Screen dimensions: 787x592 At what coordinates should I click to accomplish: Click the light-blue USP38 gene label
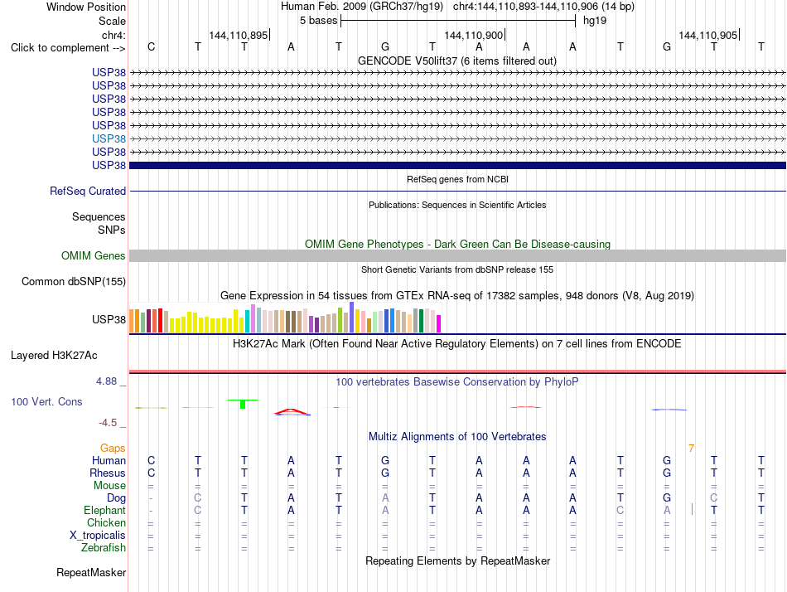coord(109,138)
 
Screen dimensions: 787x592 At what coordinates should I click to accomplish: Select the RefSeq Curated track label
coord(88,191)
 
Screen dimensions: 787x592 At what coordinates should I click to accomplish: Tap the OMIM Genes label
coord(94,256)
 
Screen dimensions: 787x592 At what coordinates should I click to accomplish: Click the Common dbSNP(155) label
coord(74,281)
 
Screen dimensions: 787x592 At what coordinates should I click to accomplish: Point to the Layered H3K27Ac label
coord(54,356)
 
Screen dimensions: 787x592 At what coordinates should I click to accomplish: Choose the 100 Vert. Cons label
coord(46,401)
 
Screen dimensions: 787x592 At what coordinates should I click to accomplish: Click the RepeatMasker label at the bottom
coord(91,572)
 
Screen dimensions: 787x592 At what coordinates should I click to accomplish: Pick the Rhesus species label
coord(108,473)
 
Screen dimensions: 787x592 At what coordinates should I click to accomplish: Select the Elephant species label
coord(104,510)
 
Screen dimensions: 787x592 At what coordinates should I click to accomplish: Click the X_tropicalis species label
coord(98,536)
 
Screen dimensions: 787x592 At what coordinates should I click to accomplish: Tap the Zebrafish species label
coord(104,547)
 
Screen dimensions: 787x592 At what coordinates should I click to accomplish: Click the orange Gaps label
coord(113,448)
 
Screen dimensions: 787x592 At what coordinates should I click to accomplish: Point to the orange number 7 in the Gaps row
coord(691,449)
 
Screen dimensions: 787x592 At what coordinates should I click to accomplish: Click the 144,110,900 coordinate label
coord(473,35)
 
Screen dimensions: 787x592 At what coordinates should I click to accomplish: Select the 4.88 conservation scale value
coord(106,381)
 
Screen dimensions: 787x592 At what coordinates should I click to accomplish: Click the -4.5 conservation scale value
coord(108,423)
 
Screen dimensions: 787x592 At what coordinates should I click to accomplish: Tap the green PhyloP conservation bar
coord(243,404)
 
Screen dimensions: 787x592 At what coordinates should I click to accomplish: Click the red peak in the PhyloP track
coord(292,411)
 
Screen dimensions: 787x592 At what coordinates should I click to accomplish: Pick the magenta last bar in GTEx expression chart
coord(439,323)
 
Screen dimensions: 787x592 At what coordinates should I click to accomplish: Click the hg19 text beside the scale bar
coord(595,21)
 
